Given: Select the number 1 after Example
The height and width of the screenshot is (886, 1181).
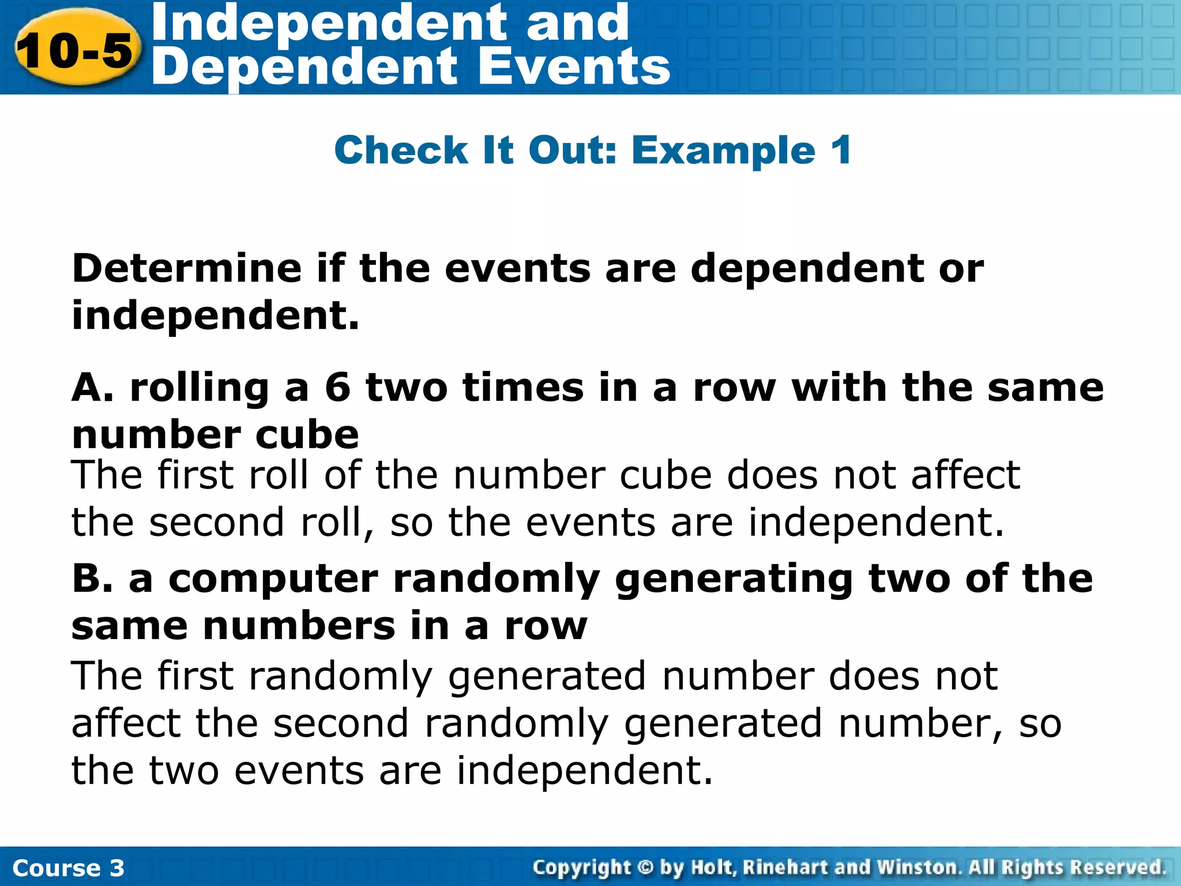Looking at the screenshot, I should click(841, 151).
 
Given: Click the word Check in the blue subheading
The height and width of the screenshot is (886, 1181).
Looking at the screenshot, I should click(400, 151).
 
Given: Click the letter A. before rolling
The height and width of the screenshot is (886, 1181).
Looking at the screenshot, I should click(92, 388).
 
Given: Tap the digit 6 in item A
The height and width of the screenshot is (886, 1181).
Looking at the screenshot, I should click(337, 388).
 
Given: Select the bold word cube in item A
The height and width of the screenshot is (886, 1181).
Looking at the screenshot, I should click(307, 435).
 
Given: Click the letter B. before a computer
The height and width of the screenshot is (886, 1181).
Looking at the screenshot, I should click(92, 579).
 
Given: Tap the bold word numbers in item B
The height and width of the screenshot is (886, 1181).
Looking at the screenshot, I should click(299, 626).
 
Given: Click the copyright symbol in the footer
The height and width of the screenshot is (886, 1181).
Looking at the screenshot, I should click(646, 868).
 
